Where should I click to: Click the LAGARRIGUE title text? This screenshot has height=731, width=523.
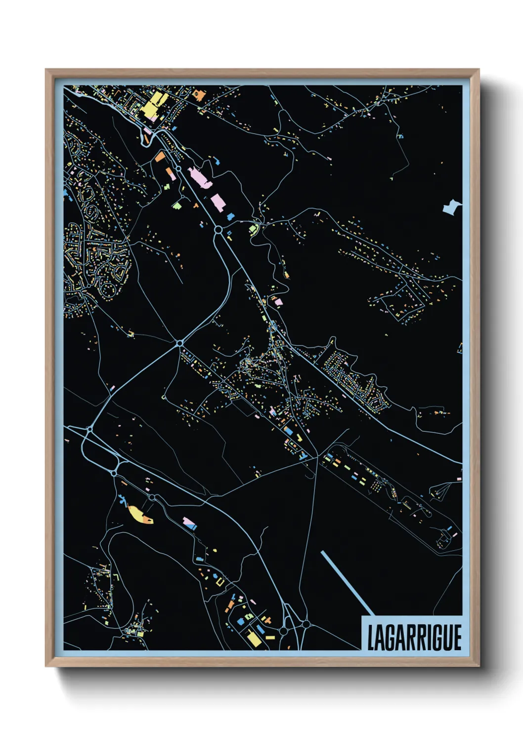tap(414, 638)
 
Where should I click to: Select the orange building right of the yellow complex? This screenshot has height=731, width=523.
tap(199, 94)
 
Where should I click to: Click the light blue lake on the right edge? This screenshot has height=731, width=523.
tap(451, 207)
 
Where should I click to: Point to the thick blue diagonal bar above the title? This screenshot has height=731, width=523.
tap(346, 583)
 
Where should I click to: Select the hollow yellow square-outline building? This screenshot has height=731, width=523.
tap(220, 582)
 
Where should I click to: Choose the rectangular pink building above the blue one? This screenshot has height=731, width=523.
tap(218, 203)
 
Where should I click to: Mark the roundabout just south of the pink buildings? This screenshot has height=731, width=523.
tap(218, 229)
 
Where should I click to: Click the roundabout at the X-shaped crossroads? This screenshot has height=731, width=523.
tap(179, 342)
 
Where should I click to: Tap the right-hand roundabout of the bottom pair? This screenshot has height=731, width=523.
tap(305, 625)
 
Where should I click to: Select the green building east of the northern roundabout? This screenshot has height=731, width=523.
tap(254, 229)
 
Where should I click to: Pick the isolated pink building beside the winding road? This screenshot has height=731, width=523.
tap(279, 301)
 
